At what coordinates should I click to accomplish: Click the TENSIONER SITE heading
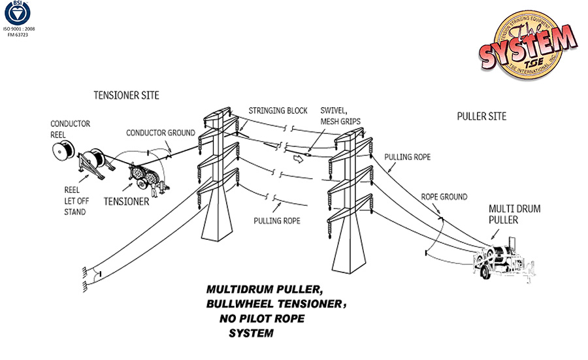click(127, 95)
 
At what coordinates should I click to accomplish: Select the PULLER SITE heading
click(482, 116)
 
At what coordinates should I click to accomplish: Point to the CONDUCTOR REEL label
click(71, 128)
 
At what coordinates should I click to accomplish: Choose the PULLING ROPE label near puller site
click(407, 157)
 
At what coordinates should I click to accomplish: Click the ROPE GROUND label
click(444, 196)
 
